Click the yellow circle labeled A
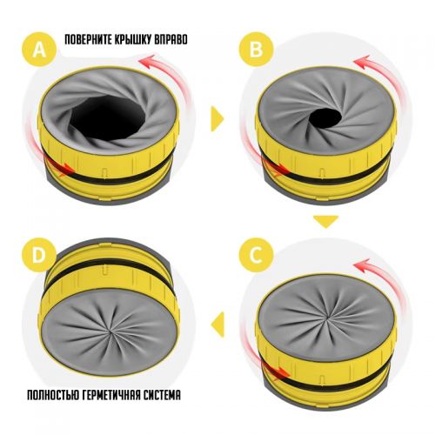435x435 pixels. (39, 50)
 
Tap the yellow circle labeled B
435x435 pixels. (256, 50)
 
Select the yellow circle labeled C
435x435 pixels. (256, 255)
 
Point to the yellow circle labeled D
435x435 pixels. (39, 255)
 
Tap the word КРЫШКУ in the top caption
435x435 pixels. (133, 40)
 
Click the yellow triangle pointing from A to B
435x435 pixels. (217, 119)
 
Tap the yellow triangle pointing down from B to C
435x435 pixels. (325, 221)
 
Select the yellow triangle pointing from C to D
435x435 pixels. (218, 325)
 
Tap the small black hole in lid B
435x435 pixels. (325, 118)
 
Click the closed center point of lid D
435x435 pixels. (110, 331)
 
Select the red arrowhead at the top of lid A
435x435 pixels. (146, 62)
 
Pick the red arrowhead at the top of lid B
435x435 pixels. (361, 62)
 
